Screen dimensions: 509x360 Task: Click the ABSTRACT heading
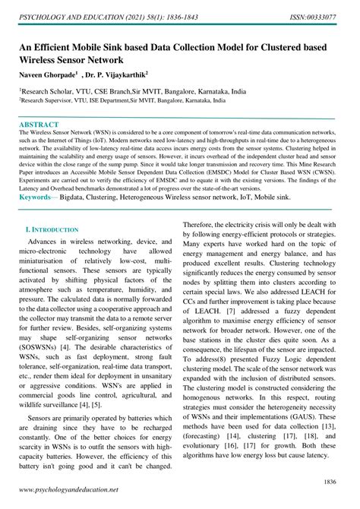click(x=38, y=123)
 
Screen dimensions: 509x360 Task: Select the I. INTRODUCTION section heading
click(x=52, y=229)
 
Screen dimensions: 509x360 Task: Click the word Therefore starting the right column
click(x=207, y=225)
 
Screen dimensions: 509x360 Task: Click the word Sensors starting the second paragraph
click(x=44, y=417)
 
